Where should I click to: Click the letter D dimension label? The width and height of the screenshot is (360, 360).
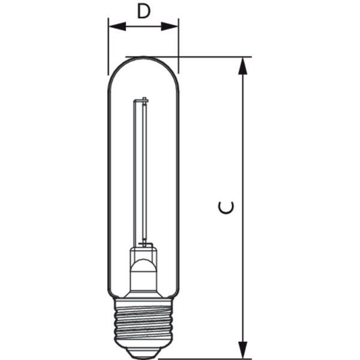(143, 11)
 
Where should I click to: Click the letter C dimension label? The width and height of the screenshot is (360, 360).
(226, 208)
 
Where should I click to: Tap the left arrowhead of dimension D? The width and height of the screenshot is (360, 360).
(118, 26)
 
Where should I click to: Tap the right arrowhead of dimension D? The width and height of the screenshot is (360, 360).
(169, 26)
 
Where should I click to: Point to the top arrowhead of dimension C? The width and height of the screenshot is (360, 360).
(242, 66)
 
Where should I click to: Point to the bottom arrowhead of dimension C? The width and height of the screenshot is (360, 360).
(242, 350)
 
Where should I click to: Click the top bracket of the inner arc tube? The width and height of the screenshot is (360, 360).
(141, 100)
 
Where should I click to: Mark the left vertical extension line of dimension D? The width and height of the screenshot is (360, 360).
(108, 46)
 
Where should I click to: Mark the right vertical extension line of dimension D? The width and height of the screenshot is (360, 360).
(179, 46)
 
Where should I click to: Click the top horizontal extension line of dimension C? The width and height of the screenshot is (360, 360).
(188, 57)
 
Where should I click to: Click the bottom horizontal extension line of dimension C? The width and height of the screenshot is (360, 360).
(205, 359)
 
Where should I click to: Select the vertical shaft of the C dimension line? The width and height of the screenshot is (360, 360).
(242, 208)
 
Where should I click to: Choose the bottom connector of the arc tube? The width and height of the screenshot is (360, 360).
(145, 244)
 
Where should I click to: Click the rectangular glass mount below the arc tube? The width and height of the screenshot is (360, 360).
(143, 253)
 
